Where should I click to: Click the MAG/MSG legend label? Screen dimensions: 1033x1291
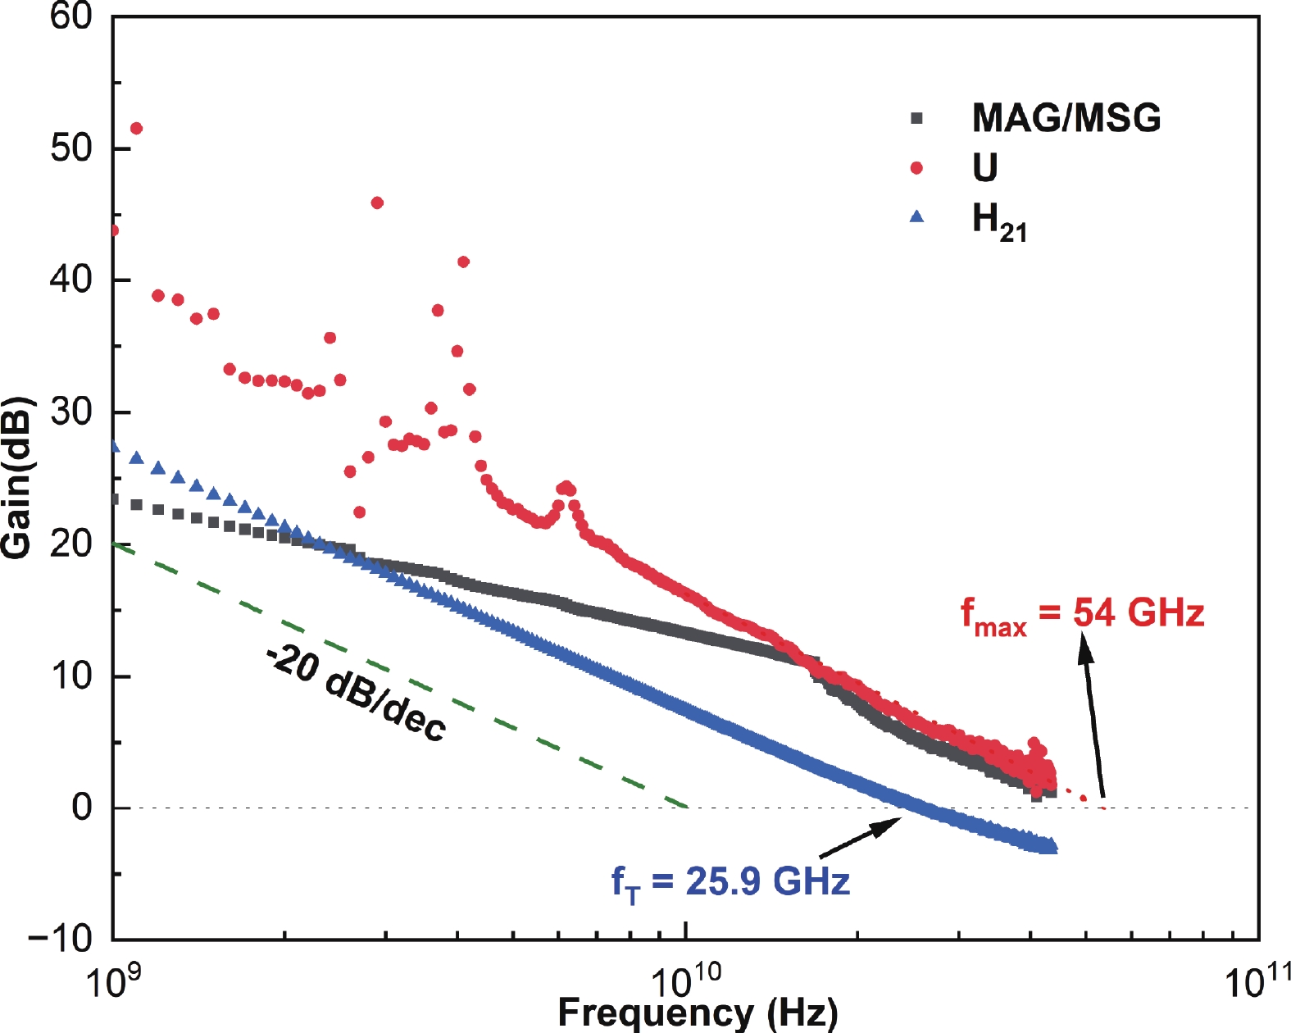[1066, 118]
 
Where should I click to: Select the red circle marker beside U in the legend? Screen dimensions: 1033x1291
[916, 168]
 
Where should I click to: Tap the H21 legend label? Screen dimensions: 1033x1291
[998, 221]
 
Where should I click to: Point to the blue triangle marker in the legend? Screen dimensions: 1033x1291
[917, 217]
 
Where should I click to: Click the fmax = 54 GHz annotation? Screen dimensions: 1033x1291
[1082, 614]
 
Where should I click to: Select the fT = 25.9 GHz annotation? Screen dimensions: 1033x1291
[730, 883]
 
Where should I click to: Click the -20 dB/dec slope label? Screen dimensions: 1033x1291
[356, 693]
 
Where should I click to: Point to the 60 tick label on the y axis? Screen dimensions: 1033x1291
[70, 16]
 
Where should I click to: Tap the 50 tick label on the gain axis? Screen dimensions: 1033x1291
[70, 148]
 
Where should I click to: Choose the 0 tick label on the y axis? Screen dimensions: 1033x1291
[82, 808]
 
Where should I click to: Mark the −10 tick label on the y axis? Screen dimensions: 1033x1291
[61, 938]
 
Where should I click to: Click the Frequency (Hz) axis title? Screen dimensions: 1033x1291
[697, 1013]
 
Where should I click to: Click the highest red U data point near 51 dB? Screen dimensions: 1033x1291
[136, 129]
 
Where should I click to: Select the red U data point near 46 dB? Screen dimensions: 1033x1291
[377, 203]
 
